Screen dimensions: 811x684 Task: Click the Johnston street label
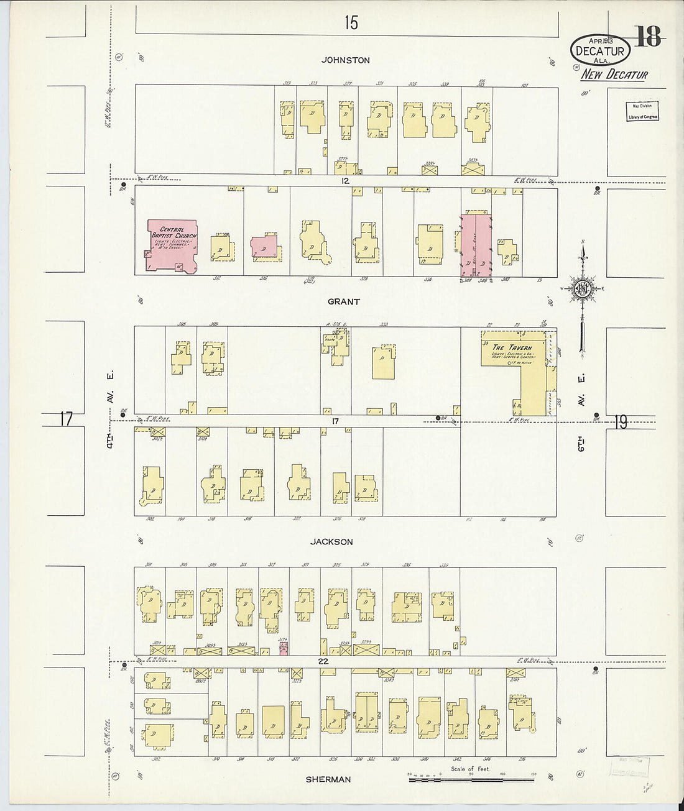click(x=346, y=60)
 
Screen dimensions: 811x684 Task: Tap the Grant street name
click(x=344, y=301)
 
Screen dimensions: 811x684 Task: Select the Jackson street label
click(x=332, y=542)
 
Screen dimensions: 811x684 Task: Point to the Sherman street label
click(x=328, y=779)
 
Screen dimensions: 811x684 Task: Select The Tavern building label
click(x=512, y=347)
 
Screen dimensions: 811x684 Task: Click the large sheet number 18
click(x=649, y=37)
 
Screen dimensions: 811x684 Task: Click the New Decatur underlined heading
click(x=614, y=75)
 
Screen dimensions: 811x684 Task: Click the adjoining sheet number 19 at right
click(x=621, y=423)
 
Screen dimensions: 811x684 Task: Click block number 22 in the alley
click(x=323, y=661)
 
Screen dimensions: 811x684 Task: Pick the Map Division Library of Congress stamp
click(x=642, y=111)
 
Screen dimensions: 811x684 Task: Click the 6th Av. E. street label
click(x=582, y=410)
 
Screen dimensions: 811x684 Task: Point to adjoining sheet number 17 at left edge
click(x=67, y=419)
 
